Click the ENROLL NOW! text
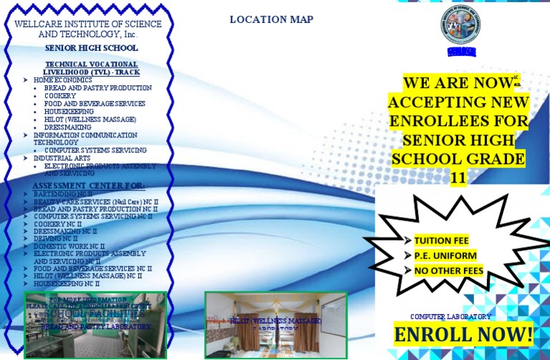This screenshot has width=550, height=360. pos(463,334)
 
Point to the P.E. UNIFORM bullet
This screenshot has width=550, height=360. pos(443,256)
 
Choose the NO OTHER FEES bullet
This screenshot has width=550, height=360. pos(448,271)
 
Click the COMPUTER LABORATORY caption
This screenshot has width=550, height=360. pos(450,316)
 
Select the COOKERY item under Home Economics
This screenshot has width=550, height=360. pos(60,95)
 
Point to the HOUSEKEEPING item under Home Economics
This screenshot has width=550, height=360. pos(69,111)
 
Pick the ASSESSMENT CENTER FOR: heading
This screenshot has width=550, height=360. pos(89,185)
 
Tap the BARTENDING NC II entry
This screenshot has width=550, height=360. pos(63,194)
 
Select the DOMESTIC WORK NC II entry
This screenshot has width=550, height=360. pos(69,246)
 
